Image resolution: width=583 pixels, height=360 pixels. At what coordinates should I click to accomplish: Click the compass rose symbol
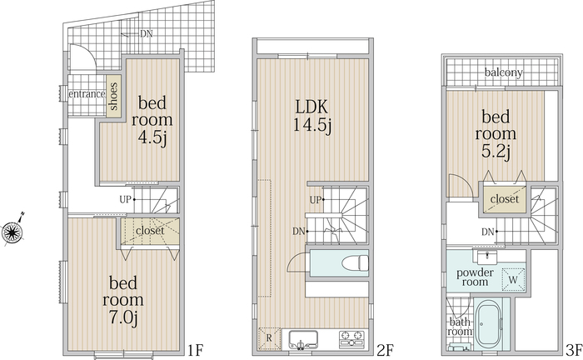click(x=12, y=232)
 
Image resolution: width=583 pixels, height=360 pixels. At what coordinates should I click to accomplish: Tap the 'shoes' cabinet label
click(x=113, y=97)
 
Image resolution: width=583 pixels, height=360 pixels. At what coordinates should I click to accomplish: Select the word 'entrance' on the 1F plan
click(x=87, y=94)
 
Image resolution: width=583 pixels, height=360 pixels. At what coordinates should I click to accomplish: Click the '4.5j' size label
click(x=152, y=138)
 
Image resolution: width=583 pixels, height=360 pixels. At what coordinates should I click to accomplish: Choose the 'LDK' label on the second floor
click(x=311, y=107)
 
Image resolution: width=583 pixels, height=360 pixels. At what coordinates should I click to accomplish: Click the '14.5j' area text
click(x=312, y=125)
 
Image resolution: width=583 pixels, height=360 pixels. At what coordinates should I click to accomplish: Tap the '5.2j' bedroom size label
click(x=496, y=152)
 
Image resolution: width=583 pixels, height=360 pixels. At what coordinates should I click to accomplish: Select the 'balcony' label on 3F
click(x=503, y=72)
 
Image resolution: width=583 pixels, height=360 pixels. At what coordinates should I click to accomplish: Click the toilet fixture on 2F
click(x=354, y=262)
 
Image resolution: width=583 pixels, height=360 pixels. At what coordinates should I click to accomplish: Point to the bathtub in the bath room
click(x=490, y=324)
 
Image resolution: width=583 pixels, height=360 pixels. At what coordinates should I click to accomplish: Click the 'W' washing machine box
click(x=513, y=279)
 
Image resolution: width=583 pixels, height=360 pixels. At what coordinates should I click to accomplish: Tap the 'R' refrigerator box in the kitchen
click(x=270, y=338)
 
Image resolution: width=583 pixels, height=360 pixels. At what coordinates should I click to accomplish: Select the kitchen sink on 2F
click(x=303, y=339)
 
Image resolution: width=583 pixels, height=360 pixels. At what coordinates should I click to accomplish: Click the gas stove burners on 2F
click(x=351, y=339)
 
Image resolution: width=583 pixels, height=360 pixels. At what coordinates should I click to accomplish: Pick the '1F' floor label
click(x=195, y=350)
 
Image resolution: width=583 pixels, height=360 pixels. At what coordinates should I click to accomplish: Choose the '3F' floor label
click(x=574, y=350)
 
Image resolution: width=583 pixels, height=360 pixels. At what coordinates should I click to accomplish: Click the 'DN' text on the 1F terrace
click(x=146, y=34)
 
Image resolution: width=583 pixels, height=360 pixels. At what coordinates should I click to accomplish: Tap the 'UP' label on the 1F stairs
click(x=125, y=200)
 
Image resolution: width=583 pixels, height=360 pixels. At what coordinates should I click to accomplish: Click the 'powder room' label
click(x=476, y=277)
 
